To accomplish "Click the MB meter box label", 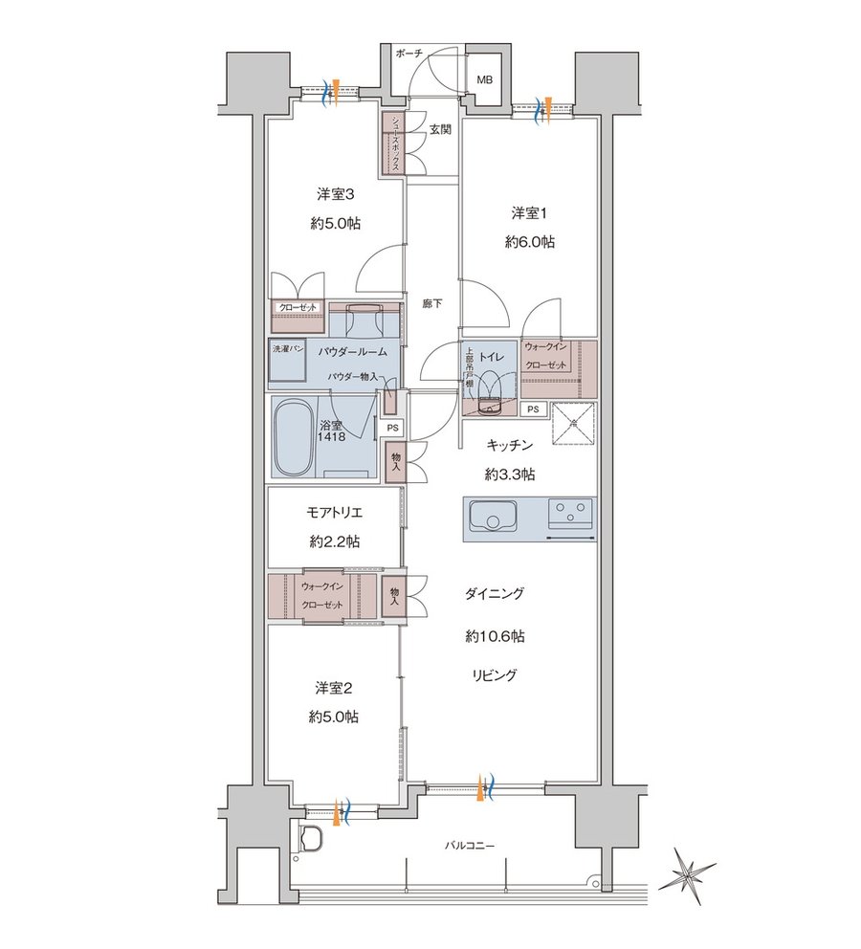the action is point(485,79).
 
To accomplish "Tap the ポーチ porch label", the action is point(408,54).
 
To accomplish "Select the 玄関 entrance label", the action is point(440,129).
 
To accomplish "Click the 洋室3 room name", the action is point(335,194).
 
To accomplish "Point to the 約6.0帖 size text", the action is point(530,242).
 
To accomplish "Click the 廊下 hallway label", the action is point(432,303).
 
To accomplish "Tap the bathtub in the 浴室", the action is point(292,436).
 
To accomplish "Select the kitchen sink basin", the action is point(492,519).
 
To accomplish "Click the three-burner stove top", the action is point(570,512).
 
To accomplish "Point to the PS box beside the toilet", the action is point(533,409).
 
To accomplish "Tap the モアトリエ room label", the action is point(334,512).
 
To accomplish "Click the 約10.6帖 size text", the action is point(495,636).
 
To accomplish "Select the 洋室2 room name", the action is point(333,688).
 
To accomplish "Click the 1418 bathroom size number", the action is point(331,436).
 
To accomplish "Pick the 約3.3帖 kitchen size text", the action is point(510,474).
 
